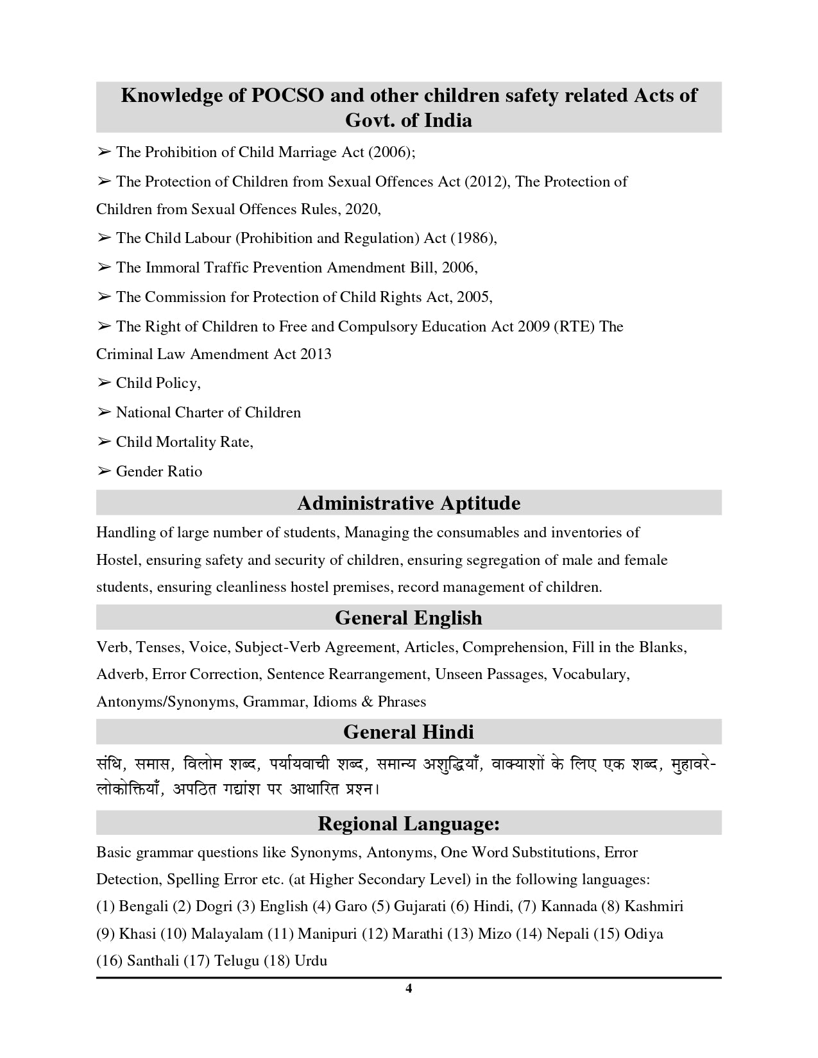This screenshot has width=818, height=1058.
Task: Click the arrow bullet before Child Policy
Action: (104, 383)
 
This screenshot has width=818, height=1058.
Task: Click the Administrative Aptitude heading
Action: (409, 503)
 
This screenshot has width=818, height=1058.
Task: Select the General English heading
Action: (409, 617)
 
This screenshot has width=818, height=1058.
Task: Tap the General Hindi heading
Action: (409, 732)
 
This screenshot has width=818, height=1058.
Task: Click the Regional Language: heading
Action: (409, 823)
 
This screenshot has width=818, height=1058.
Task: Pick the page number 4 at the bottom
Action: (409, 988)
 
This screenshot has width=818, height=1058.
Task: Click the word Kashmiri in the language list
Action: (654, 906)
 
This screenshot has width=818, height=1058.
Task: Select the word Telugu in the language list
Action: (237, 961)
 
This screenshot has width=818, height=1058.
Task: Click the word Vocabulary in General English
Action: (590, 674)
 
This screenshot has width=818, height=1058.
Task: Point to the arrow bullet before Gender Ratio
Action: (104, 471)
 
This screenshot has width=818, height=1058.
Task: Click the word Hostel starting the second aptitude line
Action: (117, 560)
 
